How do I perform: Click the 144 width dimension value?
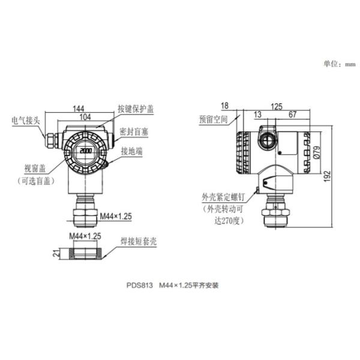coord(79,109)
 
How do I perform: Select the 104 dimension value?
coord(85,117)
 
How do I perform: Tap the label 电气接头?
coord(26,121)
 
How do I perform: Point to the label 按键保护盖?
coord(136,109)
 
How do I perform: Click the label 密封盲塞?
coord(134,132)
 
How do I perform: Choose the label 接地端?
coord(132,151)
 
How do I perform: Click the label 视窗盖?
coord(35,169)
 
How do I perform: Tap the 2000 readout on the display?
coord(86,151)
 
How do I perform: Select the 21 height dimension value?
coord(56,253)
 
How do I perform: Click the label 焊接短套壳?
coord(139,242)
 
